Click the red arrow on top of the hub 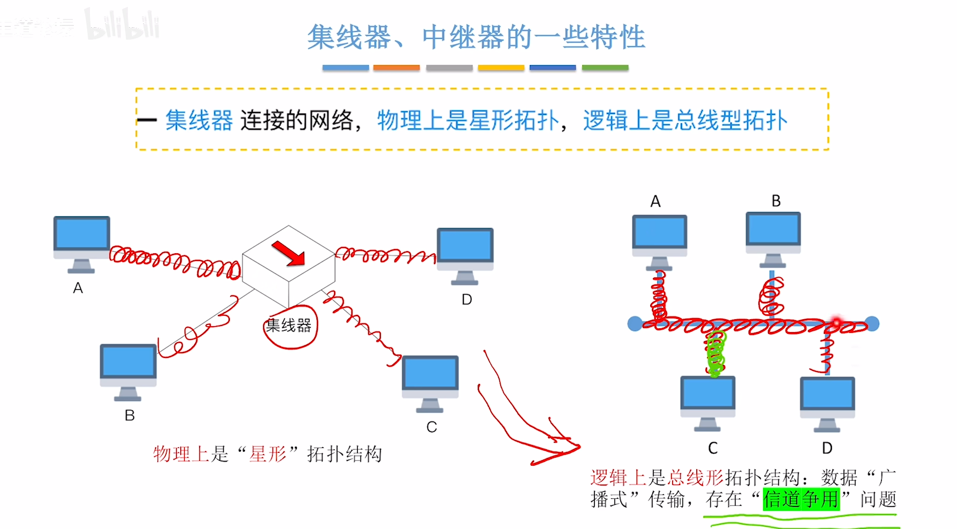pos(288,253)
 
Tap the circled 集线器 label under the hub pos(289,326)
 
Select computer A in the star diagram pos(82,243)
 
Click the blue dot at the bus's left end pos(635,324)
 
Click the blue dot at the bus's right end pos(872,324)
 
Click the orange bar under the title pos(397,68)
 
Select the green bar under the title pos(605,68)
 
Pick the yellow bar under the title pos(501,68)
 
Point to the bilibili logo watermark pos(122,25)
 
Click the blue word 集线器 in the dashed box pos(199,120)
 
